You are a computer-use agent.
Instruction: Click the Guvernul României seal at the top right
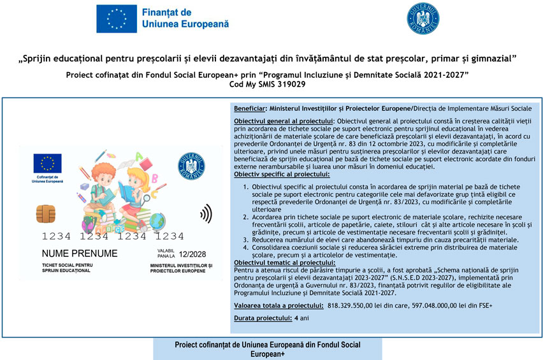(x=423, y=18)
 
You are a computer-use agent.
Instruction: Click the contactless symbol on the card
(x=206, y=213)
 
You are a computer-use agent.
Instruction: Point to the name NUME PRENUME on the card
(x=80, y=254)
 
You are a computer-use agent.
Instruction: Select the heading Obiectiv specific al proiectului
(x=281, y=173)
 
